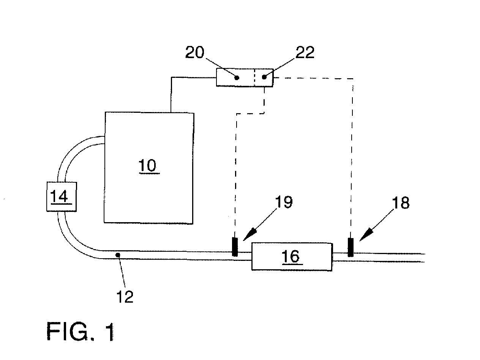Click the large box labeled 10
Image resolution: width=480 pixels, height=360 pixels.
pyautogui.click(x=149, y=168)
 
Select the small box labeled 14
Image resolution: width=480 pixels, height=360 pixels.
pyautogui.click(x=62, y=197)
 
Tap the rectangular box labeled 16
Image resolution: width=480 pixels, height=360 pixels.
pyautogui.click(x=292, y=257)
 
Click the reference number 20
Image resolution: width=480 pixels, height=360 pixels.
pyautogui.click(x=195, y=52)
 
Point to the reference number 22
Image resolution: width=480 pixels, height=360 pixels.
pyautogui.click(x=305, y=52)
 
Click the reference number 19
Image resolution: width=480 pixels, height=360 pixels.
pyautogui.click(x=283, y=202)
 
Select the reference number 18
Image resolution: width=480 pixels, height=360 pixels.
pyautogui.click(x=401, y=203)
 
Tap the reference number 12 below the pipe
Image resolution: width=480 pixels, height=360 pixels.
pyautogui.click(x=125, y=297)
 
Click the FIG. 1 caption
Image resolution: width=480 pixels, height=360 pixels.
pyautogui.click(x=80, y=332)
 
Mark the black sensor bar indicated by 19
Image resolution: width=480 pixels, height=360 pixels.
pyautogui.click(x=235, y=247)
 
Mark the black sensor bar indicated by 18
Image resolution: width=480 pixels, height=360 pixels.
pyautogui.click(x=351, y=248)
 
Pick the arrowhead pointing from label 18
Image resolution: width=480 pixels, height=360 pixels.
pyautogui.click(x=366, y=235)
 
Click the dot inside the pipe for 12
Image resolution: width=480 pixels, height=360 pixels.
pyautogui.click(x=118, y=255)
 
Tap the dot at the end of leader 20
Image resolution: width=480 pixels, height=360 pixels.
pyautogui.click(x=236, y=77)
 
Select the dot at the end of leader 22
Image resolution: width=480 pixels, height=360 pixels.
pyautogui.click(x=264, y=77)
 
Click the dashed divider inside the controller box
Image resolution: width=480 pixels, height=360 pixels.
pyautogui.click(x=254, y=77)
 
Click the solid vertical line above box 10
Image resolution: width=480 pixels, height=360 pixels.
pyautogui.click(x=171, y=95)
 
